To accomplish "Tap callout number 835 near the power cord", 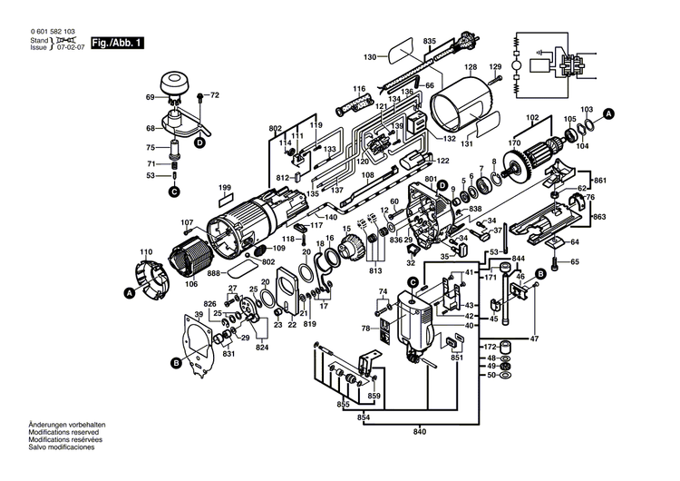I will tap(429, 42).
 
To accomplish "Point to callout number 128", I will tap(471, 67).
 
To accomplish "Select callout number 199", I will tap(225, 188).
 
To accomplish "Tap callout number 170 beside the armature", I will tap(515, 142).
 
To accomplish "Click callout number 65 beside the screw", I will tap(574, 262).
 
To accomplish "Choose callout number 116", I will tap(359, 90).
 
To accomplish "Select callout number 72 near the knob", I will tap(214, 95).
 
